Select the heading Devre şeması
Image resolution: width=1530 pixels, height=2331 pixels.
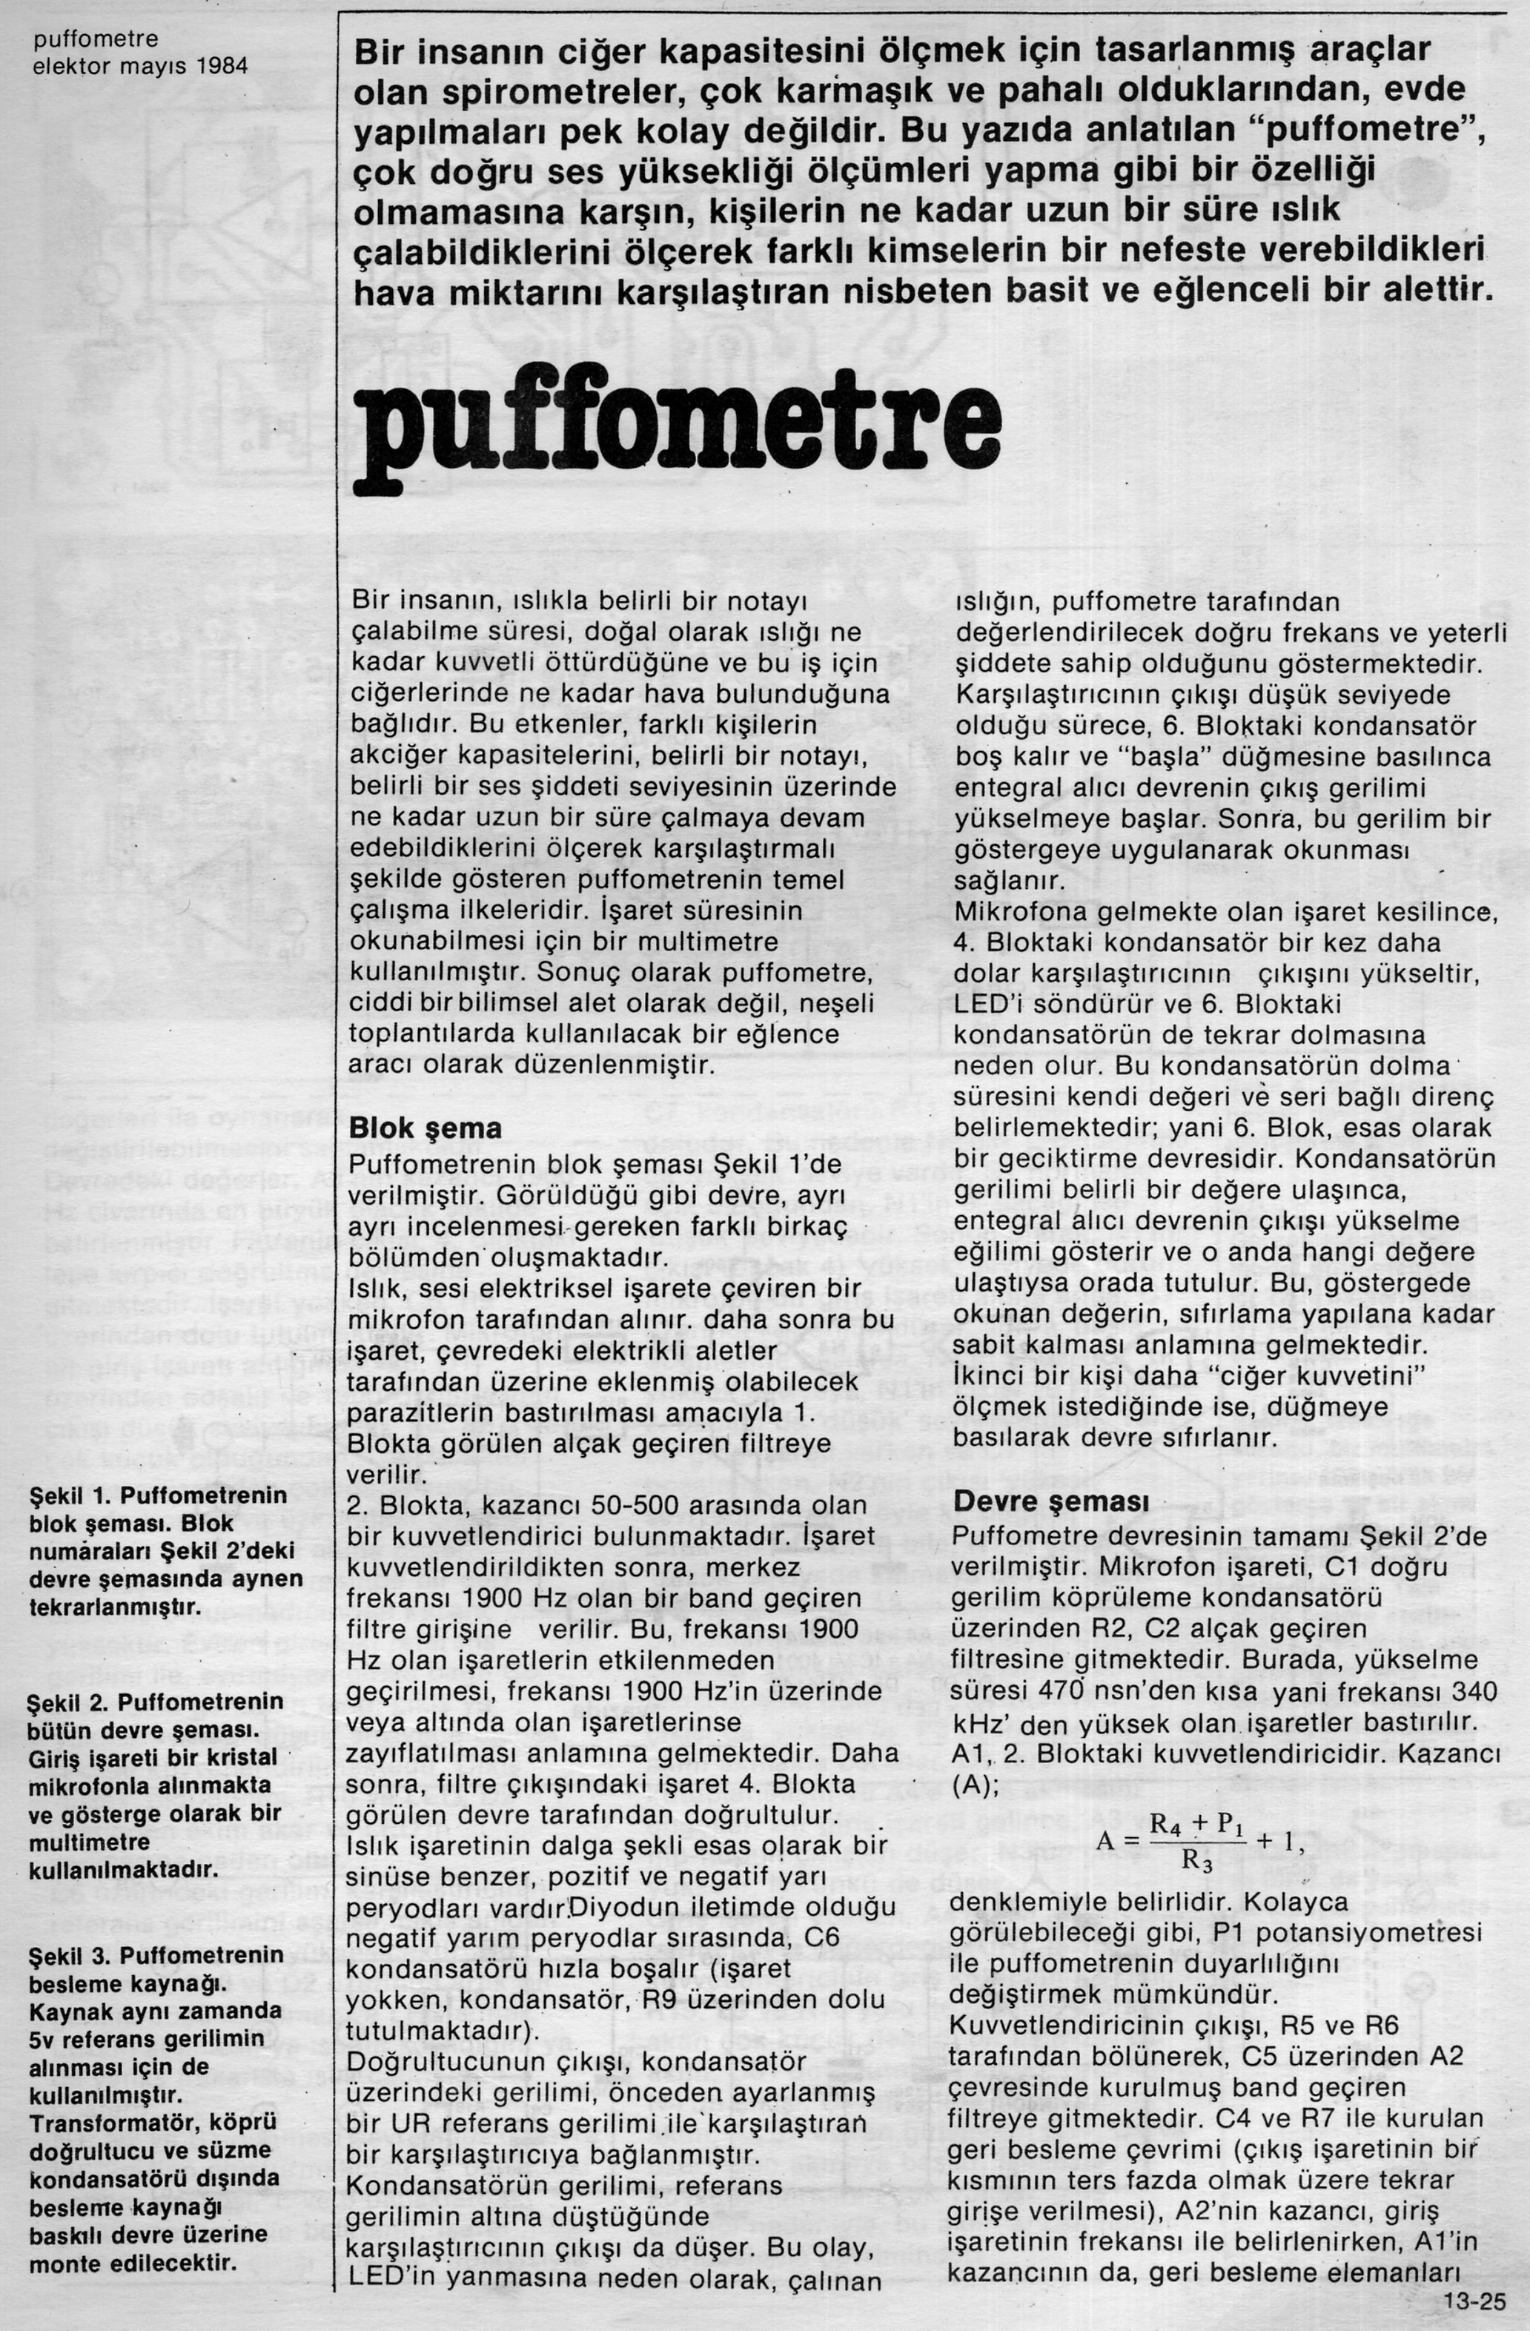pos(1039,1501)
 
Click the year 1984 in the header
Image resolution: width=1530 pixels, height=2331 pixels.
pos(222,66)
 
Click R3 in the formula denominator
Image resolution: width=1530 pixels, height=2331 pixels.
pos(1197,1860)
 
